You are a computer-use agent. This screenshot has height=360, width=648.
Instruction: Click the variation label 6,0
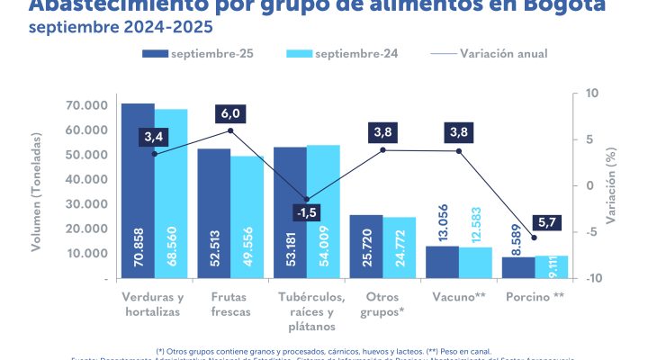click(231, 113)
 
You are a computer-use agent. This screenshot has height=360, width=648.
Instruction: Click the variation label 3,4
click(152, 137)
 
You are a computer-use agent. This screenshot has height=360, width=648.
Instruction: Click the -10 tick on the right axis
click(593, 278)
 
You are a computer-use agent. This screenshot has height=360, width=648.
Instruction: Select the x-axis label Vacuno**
click(461, 296)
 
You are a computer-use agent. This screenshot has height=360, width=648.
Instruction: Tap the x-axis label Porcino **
click(535, 296)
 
